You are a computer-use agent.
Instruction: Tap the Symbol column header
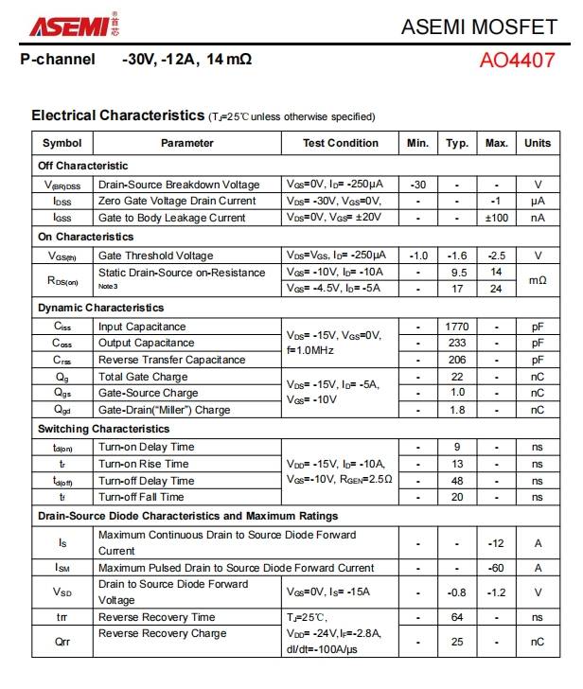(x=62, y=143)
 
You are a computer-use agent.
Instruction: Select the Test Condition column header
(x=341, y=143)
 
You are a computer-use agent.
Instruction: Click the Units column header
(x=538, y=143)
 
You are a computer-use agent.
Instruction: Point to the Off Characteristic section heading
(x=83, y=166)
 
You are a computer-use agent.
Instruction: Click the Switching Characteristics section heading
(x=104, y=429)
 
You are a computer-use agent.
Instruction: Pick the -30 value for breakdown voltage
(x=418, y=185)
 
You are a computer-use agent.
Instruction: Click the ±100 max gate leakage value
(x=497, y=218)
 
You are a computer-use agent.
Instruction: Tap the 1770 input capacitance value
(x=458, y=327)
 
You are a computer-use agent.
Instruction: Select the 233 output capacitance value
(x=458, y=344)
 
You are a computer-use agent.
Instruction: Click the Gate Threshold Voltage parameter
(x=156, y=256)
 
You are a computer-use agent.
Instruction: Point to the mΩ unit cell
(x=538, y=280)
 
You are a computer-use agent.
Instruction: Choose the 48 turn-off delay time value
(x=458, y=481)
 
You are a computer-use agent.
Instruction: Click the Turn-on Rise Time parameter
(x=144, y=464)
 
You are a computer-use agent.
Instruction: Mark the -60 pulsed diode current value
(x=497, y=568)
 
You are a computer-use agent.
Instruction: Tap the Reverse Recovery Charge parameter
(x=163, y=633)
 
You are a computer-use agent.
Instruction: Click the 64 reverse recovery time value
(x=458, y=617)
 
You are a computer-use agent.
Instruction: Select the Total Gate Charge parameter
(x=143, y=377)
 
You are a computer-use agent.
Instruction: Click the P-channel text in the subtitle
(x=59, y=60)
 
